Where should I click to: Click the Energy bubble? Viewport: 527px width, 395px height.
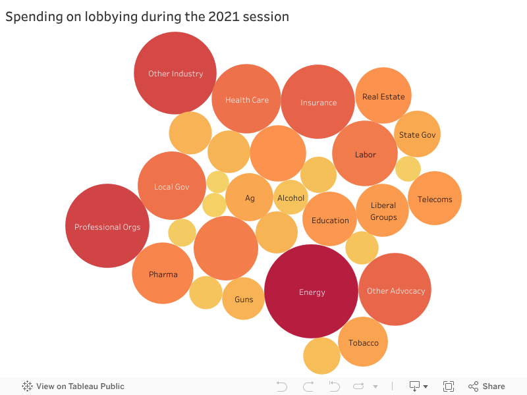(x=311, y=292)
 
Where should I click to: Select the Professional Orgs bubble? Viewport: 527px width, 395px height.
(x=107, y=226)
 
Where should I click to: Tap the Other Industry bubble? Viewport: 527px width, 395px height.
(x=175, y=73)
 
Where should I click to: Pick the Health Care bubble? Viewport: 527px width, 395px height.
(x=246, y=99)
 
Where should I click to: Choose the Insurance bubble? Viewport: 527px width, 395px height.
(x=318, y=101)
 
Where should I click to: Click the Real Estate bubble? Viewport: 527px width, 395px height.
(x=383, y=95)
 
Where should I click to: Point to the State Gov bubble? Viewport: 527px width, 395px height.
(x=417, y=134)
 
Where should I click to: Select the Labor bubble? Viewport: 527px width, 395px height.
(x=365, y=153)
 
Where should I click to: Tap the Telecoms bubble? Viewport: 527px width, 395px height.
(x=435, y=198)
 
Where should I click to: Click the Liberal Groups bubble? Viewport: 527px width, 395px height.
(x=383, y=211)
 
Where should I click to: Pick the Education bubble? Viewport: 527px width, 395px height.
(x=329, y=219)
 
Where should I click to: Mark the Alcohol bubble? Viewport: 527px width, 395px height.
(x=291, y=197)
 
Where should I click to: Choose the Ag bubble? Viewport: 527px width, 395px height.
(x=249, y=197)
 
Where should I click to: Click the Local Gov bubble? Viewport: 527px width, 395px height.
(x=171, y=186)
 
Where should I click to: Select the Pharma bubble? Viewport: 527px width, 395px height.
(x=163, y=273)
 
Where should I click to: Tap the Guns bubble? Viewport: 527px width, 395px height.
(x=243, y=299)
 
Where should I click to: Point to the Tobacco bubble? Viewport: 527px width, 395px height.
(x=363, y=342)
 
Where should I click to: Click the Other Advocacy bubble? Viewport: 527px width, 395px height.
(x=395, y=290)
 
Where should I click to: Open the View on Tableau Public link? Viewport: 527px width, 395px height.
(x=73, y=386)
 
